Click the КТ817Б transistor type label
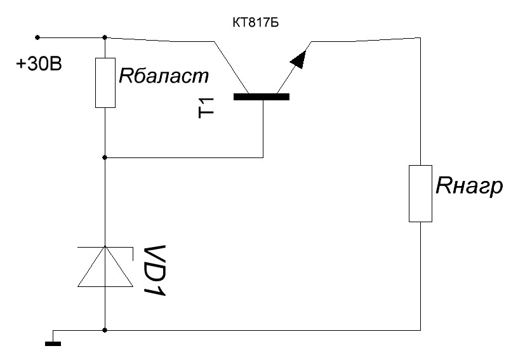coord(255,23)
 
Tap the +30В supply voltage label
coord(39,64)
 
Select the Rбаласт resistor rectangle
coord(105,83)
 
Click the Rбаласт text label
coord(164,76)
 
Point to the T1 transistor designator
coord(206,108)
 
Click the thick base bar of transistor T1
coord(262,97)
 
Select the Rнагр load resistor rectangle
coord(420,194)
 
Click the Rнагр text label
coord(469,187)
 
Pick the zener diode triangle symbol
coord(105,267)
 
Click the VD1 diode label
coord(155,270)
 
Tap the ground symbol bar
coord(53,344)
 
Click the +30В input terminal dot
coord(37,37)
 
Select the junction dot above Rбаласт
coord(105,37)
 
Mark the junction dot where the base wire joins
coord(105,158)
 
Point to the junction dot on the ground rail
coord(105,330)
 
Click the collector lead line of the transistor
coord(231,67)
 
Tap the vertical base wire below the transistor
coord(263,129)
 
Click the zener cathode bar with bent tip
coord(105,247)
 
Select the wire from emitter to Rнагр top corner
coord(366,40)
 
